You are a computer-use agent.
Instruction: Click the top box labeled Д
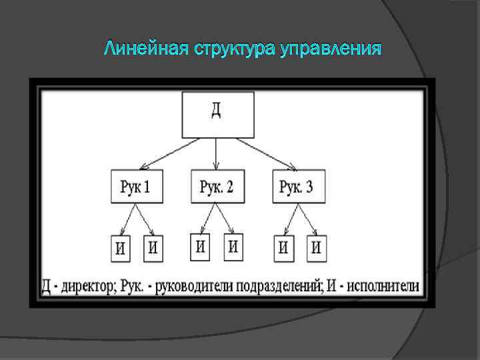coord(217,115)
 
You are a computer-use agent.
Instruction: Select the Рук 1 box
coord(135,187)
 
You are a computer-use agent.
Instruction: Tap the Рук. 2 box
coord(217,186)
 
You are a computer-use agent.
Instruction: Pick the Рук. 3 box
coord(297,186)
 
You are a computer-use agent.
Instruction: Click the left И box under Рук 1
coord(121,249)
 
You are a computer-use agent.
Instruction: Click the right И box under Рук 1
coord(153,248)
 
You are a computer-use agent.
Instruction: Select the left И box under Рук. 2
coord(200,247)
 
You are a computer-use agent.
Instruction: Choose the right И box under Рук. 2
coord(233,247)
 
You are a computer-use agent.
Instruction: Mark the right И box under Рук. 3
coord(316,248)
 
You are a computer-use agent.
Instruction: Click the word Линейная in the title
coord(145,49)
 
